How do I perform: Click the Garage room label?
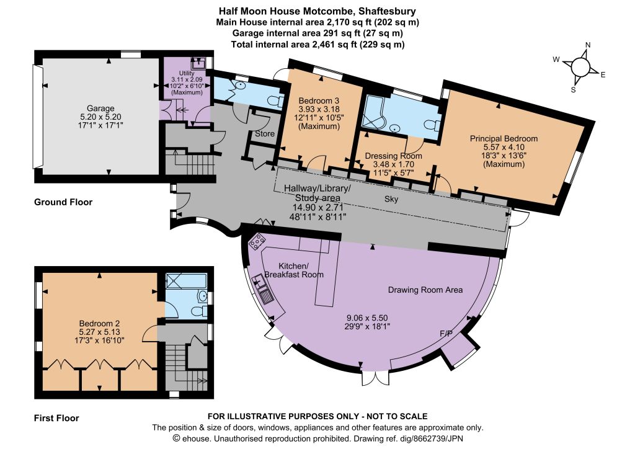click(x=100, y=109)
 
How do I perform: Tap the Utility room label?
click(x=187, y=73)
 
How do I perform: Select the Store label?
click(x=265, y=133)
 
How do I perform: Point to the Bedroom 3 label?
click(x=319, y=101)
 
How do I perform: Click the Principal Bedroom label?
click(x=504, y=138)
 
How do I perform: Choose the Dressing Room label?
click(x=393, y=156)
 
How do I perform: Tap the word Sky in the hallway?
click(x=391, y=199)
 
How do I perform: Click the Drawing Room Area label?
click(x=425, y=290)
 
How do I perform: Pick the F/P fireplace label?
click(x=446, y=334)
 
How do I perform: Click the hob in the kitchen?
click(x=256, y=241)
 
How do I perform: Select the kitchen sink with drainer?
click(x=263, y=288)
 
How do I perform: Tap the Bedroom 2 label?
click(x=99, y=324)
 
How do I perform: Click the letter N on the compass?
click(x=588, y=45)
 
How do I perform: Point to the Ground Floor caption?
click(x=63, y=202)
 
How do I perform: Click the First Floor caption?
click(x=56, y=418)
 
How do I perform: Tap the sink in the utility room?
click(x=199, y=62)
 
